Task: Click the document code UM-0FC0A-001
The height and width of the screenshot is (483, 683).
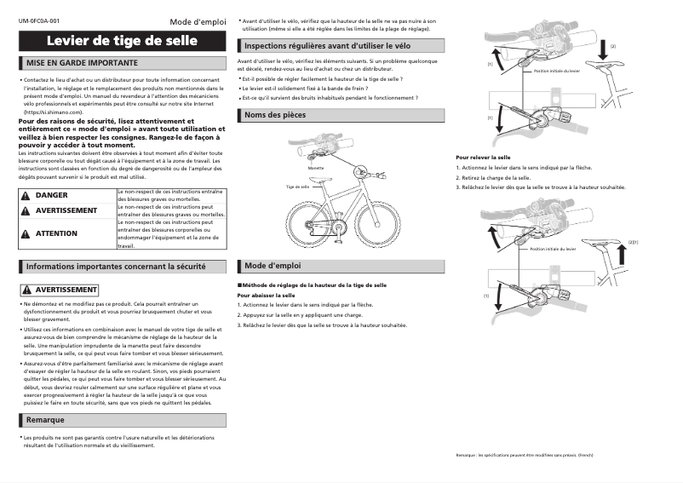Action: (39, 19)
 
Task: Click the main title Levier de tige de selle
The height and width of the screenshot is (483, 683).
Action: (122, 41)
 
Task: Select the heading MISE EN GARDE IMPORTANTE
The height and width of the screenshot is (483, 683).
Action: (82, 63)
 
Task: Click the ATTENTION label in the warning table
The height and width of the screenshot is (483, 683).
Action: (57, 233)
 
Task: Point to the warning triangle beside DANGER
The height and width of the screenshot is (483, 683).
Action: (26, 195)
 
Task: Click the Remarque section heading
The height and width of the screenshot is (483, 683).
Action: (45, 420)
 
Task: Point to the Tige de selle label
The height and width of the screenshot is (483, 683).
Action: (297, 186)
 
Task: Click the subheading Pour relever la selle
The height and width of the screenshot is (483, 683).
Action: (484, 158)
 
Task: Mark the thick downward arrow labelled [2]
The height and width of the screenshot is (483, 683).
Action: (602, 50)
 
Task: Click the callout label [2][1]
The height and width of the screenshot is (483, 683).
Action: (633, 243)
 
